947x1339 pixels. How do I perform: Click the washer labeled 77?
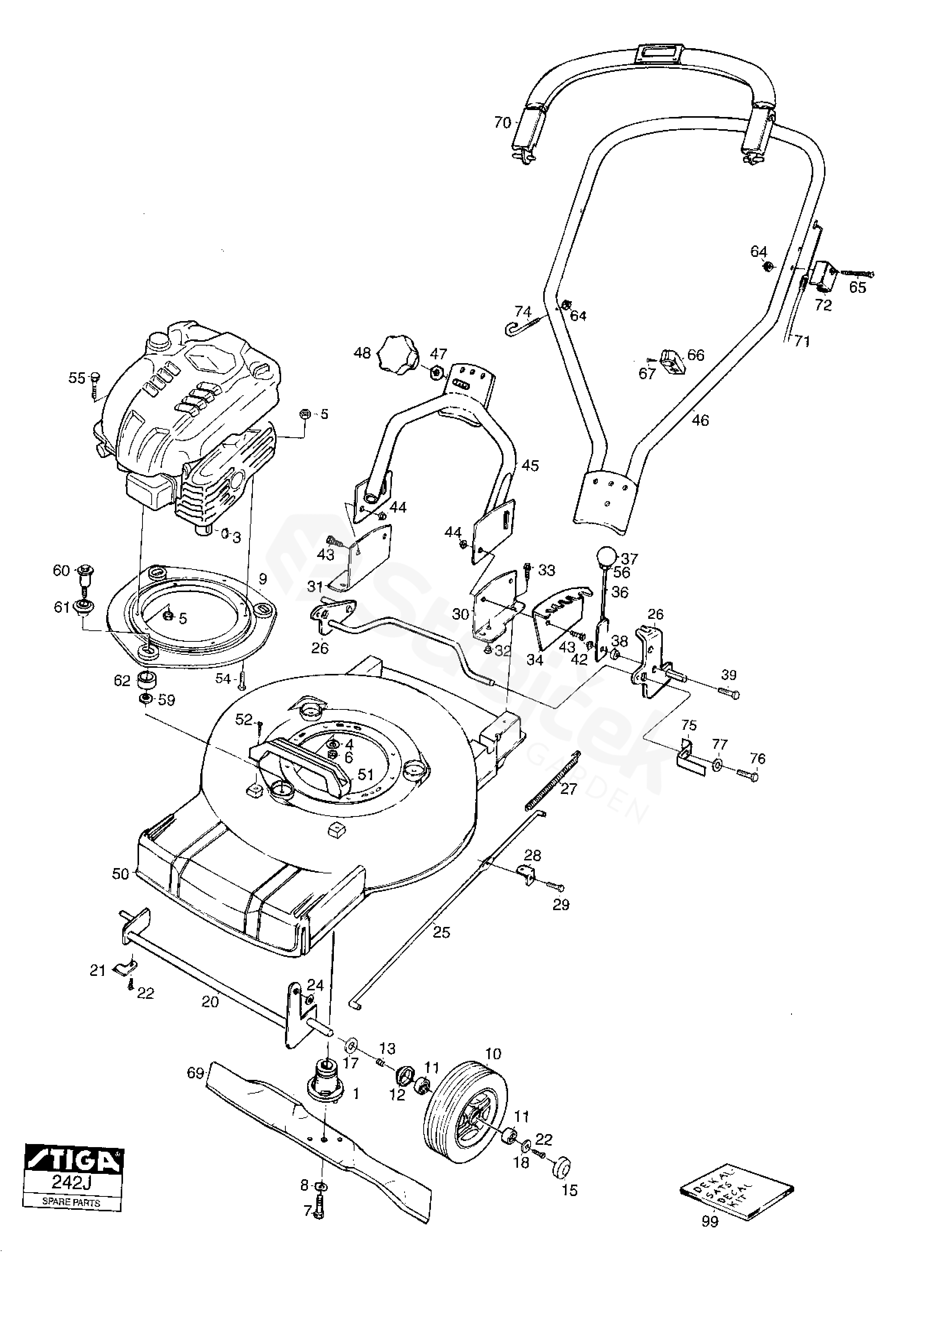718,766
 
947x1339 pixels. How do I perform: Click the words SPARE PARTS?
71,1203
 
